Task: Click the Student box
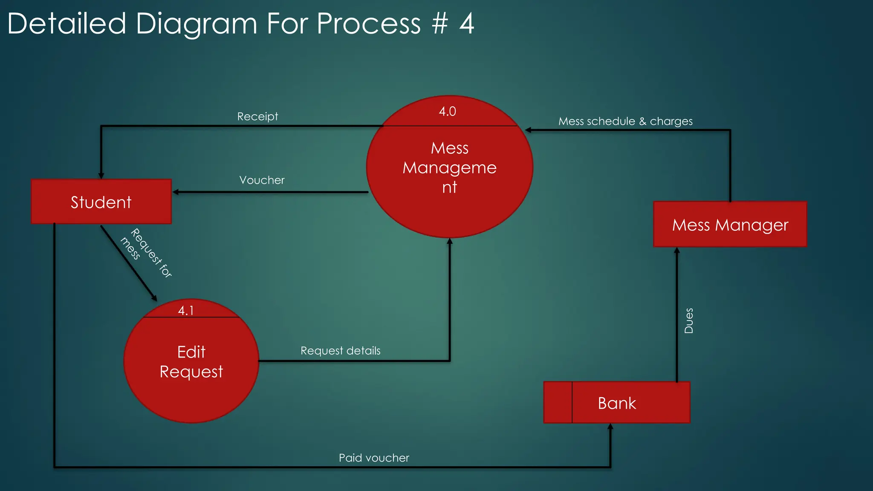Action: (101, 202)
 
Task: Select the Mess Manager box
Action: (730, 224)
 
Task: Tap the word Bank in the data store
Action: (616, 403)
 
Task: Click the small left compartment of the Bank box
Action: (558, 402)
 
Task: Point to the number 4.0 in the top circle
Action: (447, 111)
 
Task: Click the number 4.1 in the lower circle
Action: (186, 310)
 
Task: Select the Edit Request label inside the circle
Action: (191, 361)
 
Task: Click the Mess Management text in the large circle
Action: (449, 168)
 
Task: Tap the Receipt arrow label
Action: (257, 116)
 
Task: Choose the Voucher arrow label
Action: (262, 180)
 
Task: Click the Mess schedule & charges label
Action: (625, 121)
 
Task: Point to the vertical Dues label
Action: (688, 321)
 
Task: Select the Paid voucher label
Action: (374, 458)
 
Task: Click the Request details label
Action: (340, 351)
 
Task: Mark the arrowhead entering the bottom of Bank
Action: (610, 427)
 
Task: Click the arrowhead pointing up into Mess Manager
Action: (676, 250)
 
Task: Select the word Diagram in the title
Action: (197, 23)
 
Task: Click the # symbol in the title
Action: (439, 23)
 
